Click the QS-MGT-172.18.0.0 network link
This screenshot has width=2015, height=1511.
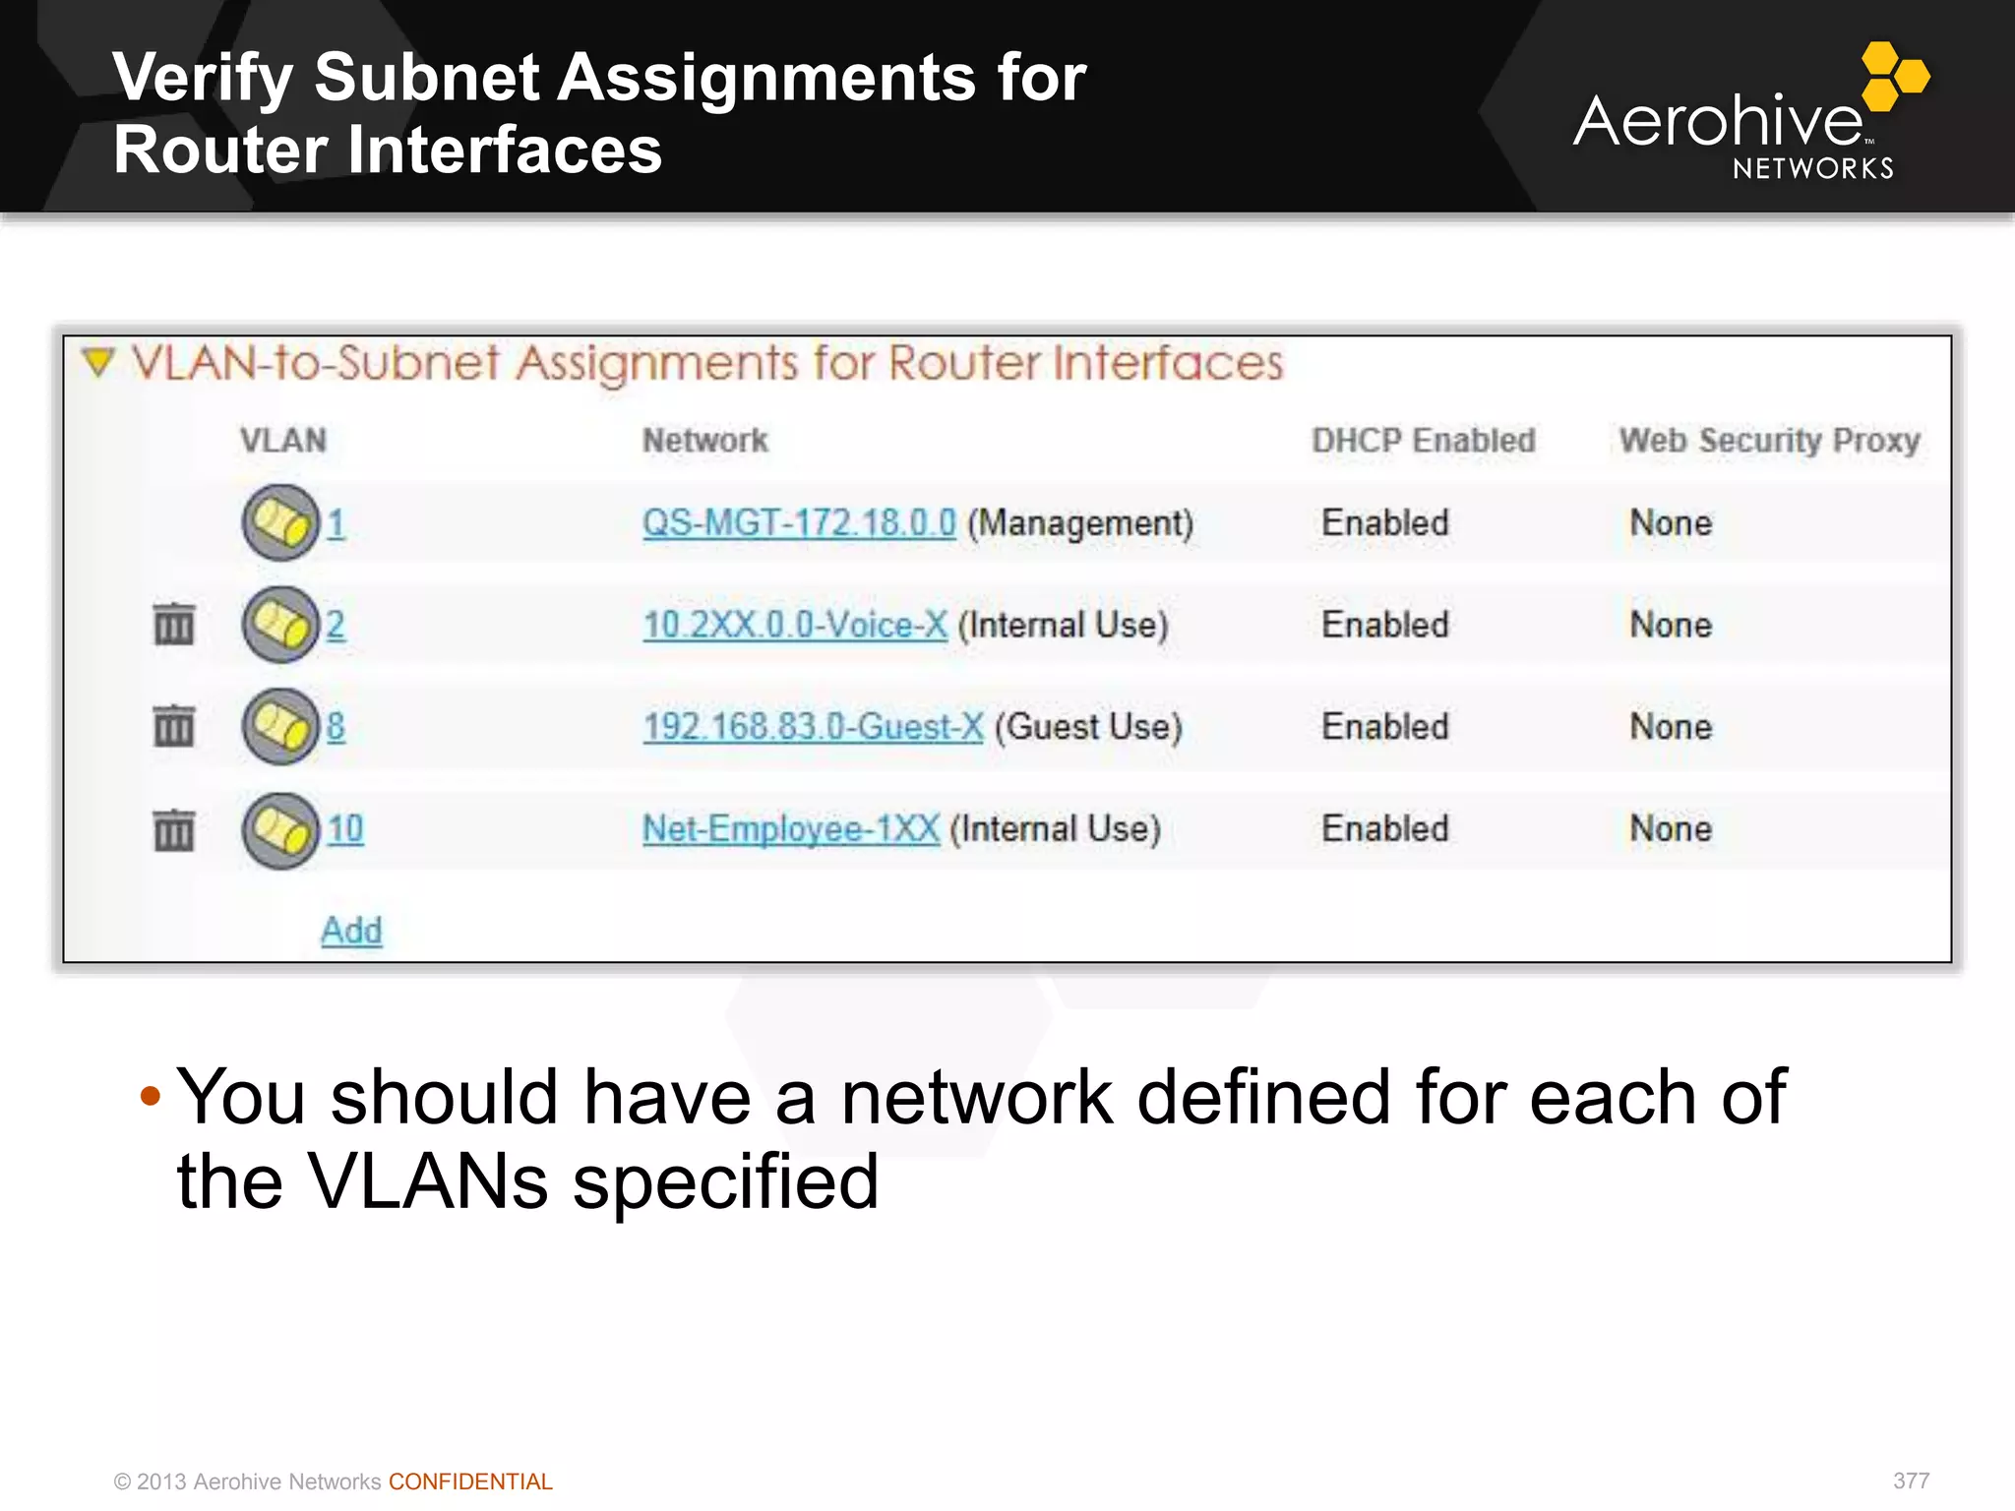pos(798,522)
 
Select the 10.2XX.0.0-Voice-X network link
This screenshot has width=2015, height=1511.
pos(794,625)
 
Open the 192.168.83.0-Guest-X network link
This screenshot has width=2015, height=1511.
pos(813,727)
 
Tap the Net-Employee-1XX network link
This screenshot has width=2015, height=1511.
pos(791,828)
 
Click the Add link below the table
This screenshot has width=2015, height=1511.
pos(351,930)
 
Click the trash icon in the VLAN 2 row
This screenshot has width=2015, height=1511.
pos(174,624)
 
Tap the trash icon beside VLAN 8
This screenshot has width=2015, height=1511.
pos(174,726)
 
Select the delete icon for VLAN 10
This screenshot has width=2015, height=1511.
pos(174,829)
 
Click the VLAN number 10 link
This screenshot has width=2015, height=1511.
pos(345,828)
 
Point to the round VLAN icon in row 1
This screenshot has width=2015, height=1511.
pos(280,522)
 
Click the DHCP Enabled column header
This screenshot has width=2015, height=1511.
pos(1423,440)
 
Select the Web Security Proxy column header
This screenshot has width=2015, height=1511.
pos(1769,440)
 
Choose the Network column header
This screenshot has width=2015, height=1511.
pos(704,440)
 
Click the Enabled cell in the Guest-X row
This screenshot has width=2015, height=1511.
pos(1384,727)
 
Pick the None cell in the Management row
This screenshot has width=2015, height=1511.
pos(1671,522)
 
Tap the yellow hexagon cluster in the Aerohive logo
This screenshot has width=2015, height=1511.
pos(1894,76)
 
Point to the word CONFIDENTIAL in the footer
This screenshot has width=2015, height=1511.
pos(470,1481)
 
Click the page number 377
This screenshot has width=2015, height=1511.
pos(1911,1481)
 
